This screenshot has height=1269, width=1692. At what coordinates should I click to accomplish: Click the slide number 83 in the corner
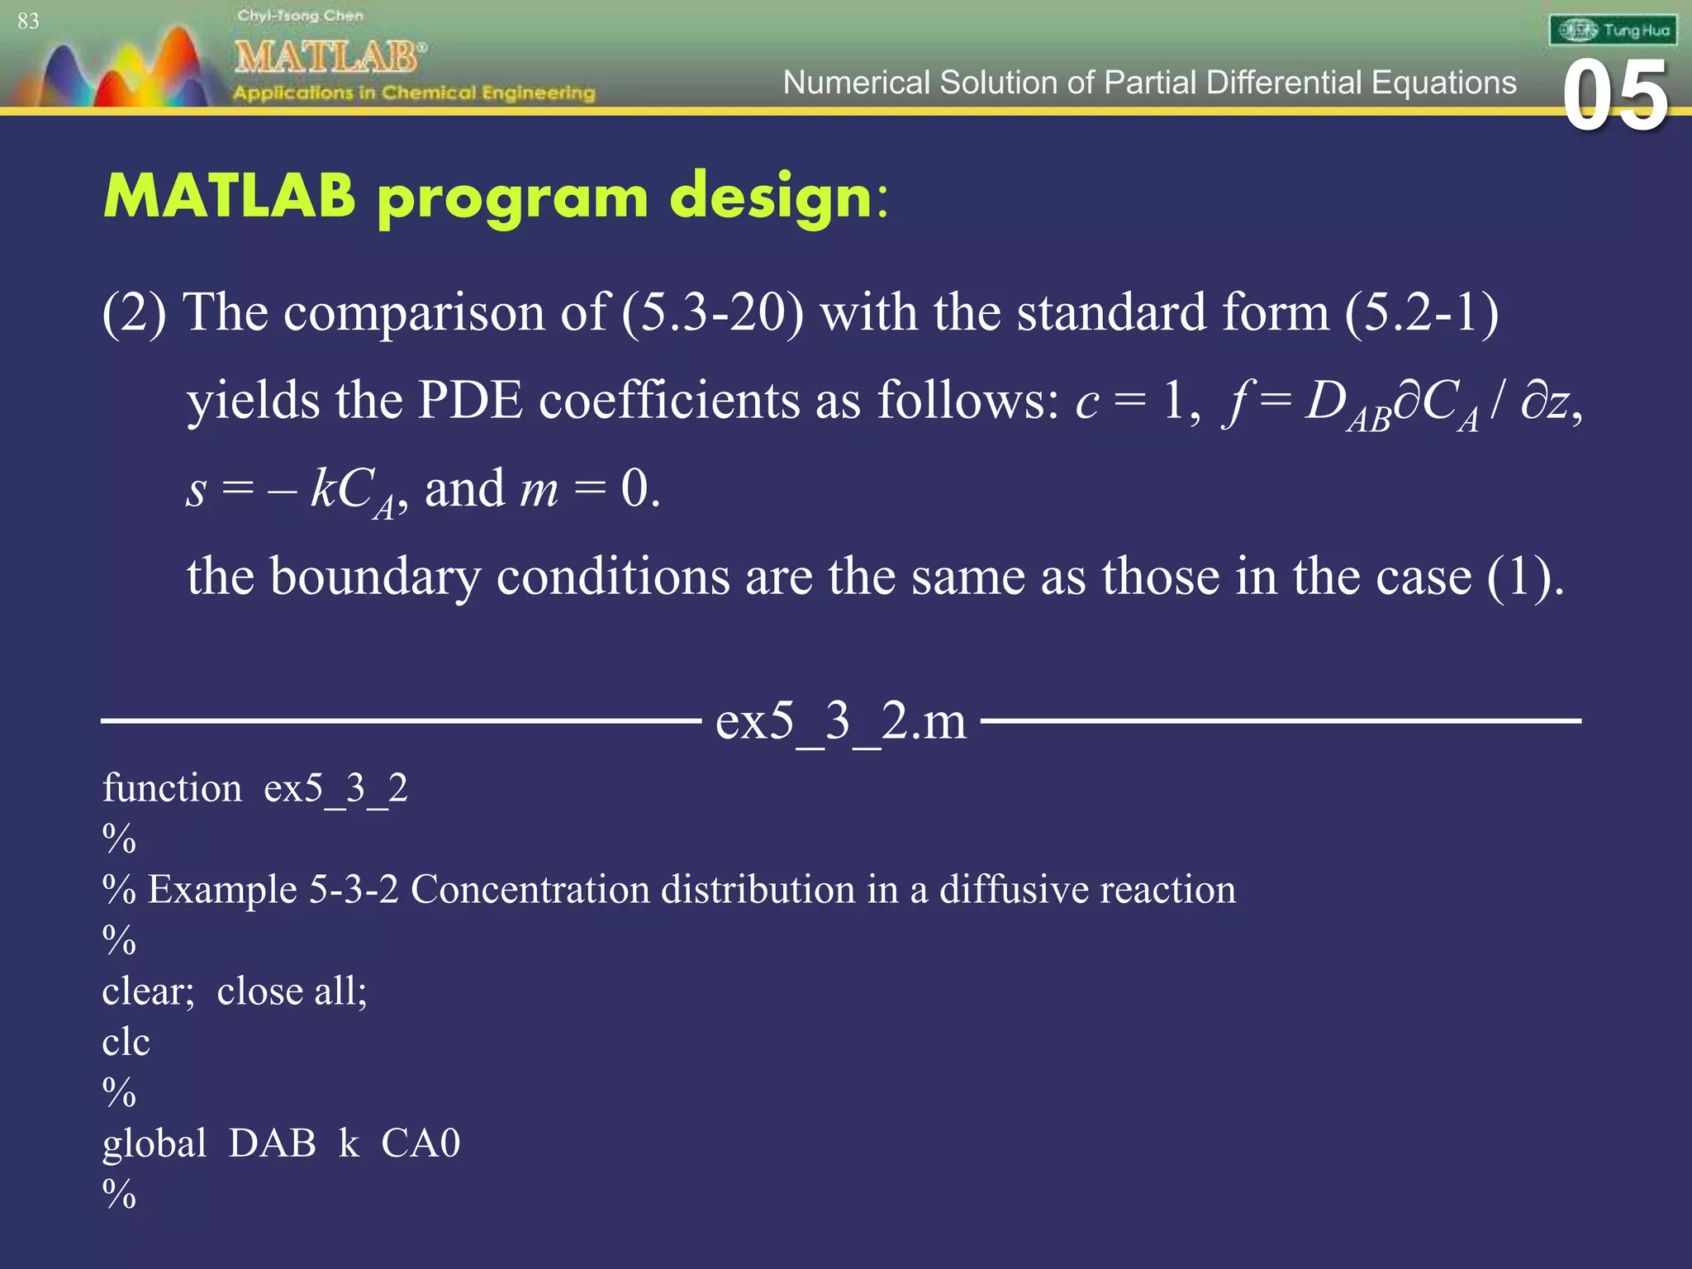pos(28,21)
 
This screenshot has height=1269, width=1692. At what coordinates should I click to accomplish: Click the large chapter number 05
pos(1615,97)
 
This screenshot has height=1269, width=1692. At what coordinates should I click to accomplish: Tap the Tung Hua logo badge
pos(1613,31)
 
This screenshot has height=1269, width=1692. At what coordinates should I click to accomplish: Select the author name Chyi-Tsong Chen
pos(300,15)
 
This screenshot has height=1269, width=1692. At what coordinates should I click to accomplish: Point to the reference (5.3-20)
pos(712,313)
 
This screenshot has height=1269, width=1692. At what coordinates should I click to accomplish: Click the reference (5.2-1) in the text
pos(1421,313)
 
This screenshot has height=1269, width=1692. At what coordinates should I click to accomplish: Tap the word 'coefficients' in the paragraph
pos(669,401)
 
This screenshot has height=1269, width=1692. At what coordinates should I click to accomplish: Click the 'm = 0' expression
pos(588,488)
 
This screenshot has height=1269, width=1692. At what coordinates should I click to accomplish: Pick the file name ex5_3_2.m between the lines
pos(840,720)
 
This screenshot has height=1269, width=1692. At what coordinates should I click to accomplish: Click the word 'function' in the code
pos(172,788)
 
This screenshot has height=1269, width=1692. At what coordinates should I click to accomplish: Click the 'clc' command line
pos(126,1042)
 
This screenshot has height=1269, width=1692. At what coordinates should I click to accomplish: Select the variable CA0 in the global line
pos(420,1143)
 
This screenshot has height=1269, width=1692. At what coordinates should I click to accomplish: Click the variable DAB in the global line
pos(272,1143)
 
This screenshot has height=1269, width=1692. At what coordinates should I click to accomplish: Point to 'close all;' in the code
pos(292,991)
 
